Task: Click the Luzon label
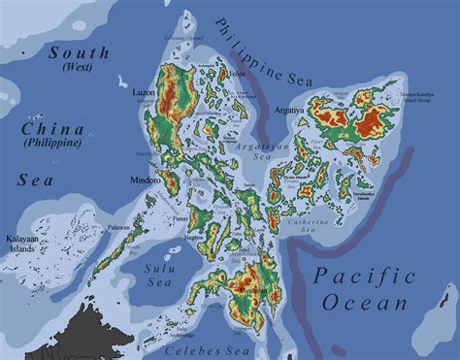(144, 92)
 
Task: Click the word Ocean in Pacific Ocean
(373, 304)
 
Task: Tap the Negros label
(194, 236)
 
